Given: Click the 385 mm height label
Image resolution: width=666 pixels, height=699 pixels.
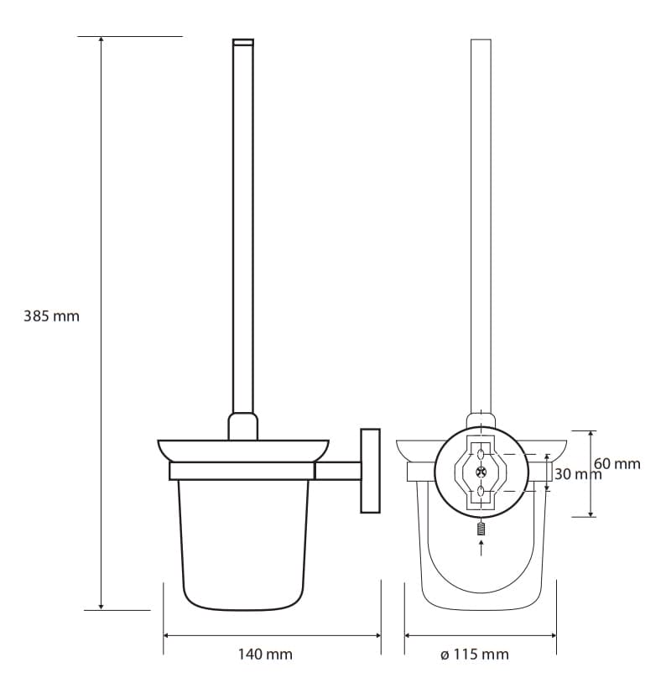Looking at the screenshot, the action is click(x=51, y=316).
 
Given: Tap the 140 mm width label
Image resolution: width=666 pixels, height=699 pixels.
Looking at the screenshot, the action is click(x=265, y=655).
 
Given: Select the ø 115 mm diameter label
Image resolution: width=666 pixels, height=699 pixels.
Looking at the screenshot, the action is click(x=474, y=655).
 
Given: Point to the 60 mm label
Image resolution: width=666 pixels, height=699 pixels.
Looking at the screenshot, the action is click(x=617, y=463).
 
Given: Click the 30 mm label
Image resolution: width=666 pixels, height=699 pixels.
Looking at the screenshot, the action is click(x=578, y=474).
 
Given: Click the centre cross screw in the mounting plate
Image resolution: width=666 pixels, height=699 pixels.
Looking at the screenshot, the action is click(x=481, y=470).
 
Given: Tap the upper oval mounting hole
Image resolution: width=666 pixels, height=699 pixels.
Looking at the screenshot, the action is click(x=481, y=455).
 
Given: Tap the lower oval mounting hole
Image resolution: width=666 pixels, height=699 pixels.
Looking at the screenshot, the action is click(x=481, y=491).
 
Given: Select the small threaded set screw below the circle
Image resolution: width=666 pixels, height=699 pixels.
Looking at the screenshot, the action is click(x=481, y=529).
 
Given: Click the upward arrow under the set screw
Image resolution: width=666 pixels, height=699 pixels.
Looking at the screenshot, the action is click(x=481, y=548).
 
